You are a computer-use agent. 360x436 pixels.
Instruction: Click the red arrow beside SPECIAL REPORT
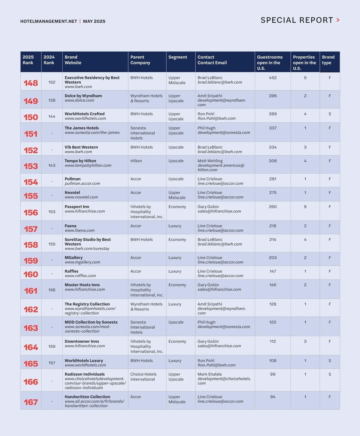338,20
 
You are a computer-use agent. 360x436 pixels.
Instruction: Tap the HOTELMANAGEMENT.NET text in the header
49,21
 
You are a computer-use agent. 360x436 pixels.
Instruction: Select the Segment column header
178,57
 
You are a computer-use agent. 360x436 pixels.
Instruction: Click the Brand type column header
328,60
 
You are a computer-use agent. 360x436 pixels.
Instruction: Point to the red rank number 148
31,83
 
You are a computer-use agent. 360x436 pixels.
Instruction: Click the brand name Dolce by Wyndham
83,96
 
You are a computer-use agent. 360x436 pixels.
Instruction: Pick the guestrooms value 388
273,114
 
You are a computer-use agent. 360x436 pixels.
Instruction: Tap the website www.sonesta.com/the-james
92,133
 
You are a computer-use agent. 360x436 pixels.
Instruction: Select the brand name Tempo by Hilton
80,161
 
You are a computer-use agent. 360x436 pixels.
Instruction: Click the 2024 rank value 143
52,166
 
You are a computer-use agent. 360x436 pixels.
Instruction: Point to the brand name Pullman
73,179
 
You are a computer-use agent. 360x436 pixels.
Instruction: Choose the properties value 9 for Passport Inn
305,207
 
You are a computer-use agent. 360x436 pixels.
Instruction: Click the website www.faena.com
79,231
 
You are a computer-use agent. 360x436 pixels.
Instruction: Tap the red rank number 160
31,274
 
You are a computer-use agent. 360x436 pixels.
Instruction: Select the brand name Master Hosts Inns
82,285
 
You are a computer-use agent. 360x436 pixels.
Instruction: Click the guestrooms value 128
273,304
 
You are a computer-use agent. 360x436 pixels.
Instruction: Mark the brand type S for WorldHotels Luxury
330,361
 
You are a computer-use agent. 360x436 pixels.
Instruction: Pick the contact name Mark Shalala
209,374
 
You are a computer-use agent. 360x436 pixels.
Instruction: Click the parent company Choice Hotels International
143,377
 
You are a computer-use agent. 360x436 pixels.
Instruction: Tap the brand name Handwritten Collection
87,397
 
